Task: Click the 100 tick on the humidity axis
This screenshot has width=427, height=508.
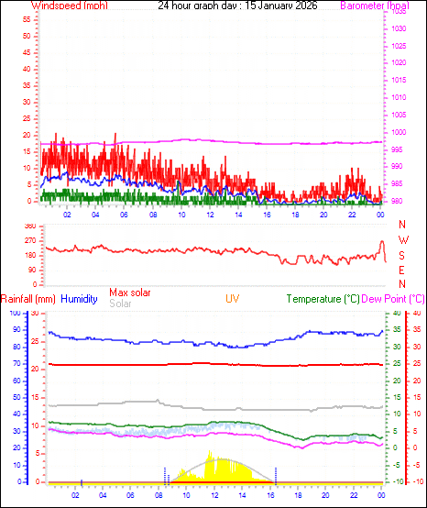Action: click(15, 314)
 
